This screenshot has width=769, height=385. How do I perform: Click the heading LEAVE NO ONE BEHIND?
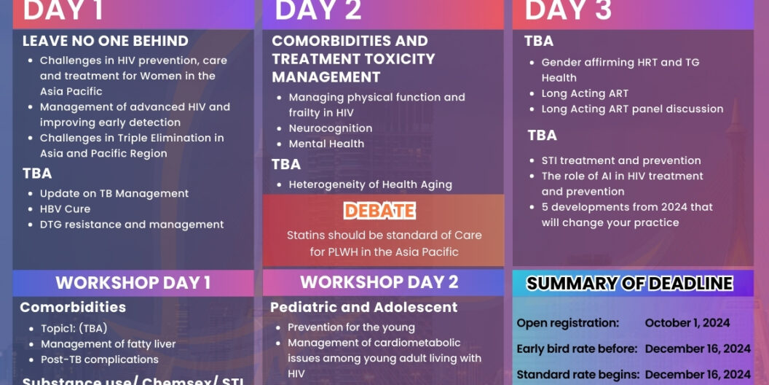pos(105,41)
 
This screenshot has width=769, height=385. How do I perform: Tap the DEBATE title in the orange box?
pos(379,211)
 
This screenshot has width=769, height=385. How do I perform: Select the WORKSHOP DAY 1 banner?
pos(133,283)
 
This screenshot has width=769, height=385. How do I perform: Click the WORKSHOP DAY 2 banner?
pos(379,282)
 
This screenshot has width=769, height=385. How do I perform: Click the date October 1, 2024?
pos(687,322)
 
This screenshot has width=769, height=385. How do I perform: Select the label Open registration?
pos(567,322)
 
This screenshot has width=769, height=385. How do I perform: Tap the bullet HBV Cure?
pos(65,209)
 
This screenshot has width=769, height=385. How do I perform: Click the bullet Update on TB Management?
pos(114,193)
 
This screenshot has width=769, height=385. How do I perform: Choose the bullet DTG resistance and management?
pos(132,225)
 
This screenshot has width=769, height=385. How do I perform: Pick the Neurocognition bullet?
pos(331,128)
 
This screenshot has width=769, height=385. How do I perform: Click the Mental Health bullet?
pos(326,144)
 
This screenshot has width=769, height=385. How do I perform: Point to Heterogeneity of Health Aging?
pos(370,184)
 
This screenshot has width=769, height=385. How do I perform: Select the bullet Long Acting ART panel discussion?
pos(632,109)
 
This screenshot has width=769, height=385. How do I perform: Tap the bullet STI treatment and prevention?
pos(621,160)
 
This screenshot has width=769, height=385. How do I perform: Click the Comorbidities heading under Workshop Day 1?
pos(73,307)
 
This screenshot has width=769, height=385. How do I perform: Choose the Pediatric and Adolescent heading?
pos(364,307)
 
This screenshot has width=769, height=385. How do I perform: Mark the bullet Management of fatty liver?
pos(108,343)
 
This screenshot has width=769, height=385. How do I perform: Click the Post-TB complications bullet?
pos(99,359)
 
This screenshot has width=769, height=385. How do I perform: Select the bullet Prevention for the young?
pos(351,327)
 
